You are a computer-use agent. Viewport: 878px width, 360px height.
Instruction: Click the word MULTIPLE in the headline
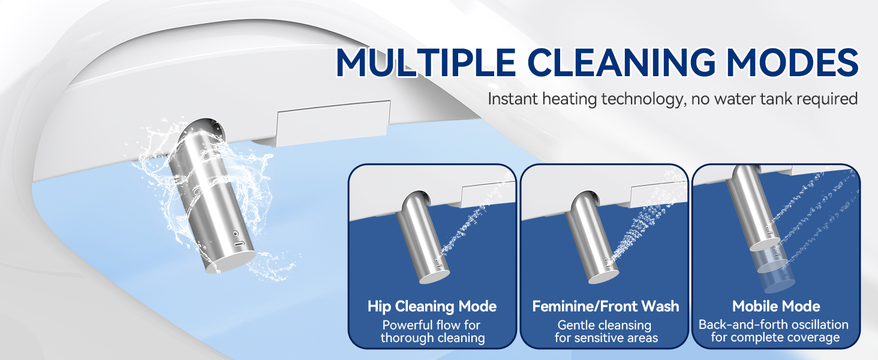pos(425,62)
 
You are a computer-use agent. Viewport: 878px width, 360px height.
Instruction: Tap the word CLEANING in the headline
pos(622,62)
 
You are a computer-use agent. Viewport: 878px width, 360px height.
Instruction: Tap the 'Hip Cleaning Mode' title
pos(432,306)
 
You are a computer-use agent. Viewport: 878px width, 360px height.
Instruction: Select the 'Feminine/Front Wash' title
pos(606,306)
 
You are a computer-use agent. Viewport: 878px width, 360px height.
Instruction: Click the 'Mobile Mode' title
pos(776,306)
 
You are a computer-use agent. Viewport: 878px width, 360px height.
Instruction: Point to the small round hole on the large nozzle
pos(236,233)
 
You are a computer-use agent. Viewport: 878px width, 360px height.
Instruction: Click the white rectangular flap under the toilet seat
pos(333,122)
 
